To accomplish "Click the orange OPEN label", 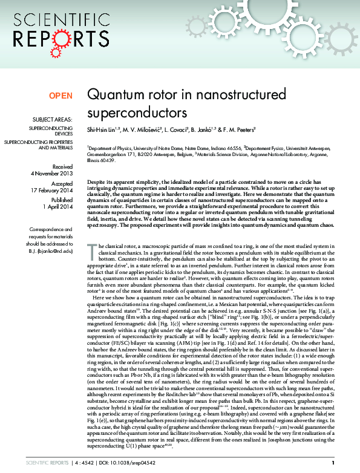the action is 61,96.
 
